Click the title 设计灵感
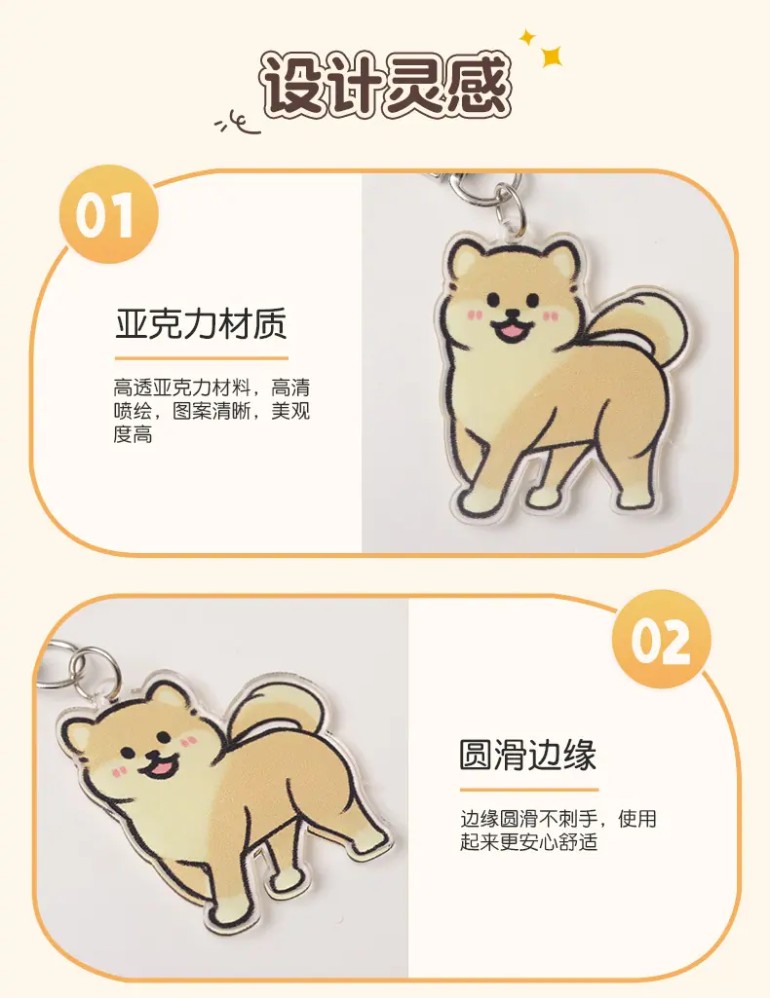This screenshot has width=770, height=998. click(x=385, y=86)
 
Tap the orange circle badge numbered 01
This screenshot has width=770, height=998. click(x=107, y=214)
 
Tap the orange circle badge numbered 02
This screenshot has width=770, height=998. click(x=661, y=639)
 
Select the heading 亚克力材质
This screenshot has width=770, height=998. click(x=201, y=324)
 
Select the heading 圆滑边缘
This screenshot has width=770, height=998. click(x=527, y=756)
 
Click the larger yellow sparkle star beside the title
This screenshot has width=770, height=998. click(x=552, y=56)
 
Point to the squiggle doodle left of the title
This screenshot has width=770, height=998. click(x=237, y=123)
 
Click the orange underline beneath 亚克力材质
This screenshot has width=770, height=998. click(x=201, y=358)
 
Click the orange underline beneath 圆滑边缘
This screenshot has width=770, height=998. click(x=529, y=790)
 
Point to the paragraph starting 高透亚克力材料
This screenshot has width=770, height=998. click(x=212, y=411)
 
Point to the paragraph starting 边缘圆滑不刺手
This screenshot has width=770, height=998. click(x=558, y=830)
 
